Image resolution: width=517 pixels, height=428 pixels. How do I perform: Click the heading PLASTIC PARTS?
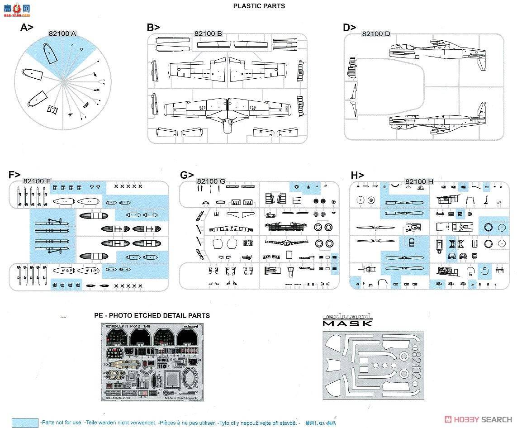pyautogui.click(x=259, y=6)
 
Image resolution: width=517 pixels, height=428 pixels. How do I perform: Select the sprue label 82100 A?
pyautogui.click(x=62, y=33)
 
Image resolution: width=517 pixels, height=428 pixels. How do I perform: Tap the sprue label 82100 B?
pyautogui.click(x=208, y=33)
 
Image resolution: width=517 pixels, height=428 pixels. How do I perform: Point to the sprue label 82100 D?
pyautogui.click(x=376, y=34)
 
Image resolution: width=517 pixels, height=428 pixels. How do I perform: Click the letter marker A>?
pyautogui.click(x=27, y=28)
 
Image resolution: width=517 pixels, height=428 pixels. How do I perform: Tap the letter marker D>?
pyautogui.click(x=350, y=28)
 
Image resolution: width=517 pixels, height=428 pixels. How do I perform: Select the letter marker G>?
pyautogui.click(x=187, y=175)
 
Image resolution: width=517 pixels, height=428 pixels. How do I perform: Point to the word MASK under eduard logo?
pyautogui.click(x=347, y=323)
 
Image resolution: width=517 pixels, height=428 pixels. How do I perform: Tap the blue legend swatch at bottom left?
pyautogui.click(x=25, y=422)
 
